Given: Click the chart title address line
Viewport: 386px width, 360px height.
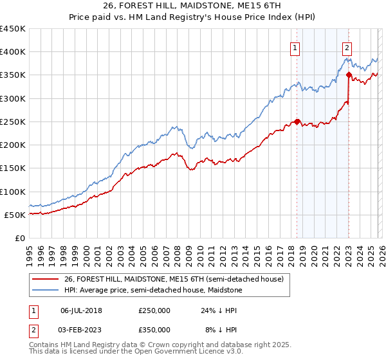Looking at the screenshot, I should (x=192, y=6).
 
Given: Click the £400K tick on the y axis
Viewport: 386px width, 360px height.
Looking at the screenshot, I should (x=13, y=52).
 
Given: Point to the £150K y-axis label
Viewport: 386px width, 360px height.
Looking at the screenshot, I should (x=13, y=168).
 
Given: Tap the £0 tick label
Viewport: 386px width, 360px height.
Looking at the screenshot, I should (x=20, y=239).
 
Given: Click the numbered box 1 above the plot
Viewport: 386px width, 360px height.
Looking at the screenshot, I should (x=295, y=47).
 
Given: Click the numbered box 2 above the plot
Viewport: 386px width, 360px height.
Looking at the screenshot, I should (x=347, y=47).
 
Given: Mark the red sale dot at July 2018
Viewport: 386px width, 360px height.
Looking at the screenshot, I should (x=297, y=122).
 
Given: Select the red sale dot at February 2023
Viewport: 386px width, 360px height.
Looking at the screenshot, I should (x=349, y=75).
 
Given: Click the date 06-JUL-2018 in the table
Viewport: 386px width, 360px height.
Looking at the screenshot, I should (x=81, y=310).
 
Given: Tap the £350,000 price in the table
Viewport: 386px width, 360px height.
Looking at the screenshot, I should (x=154, y=329).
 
